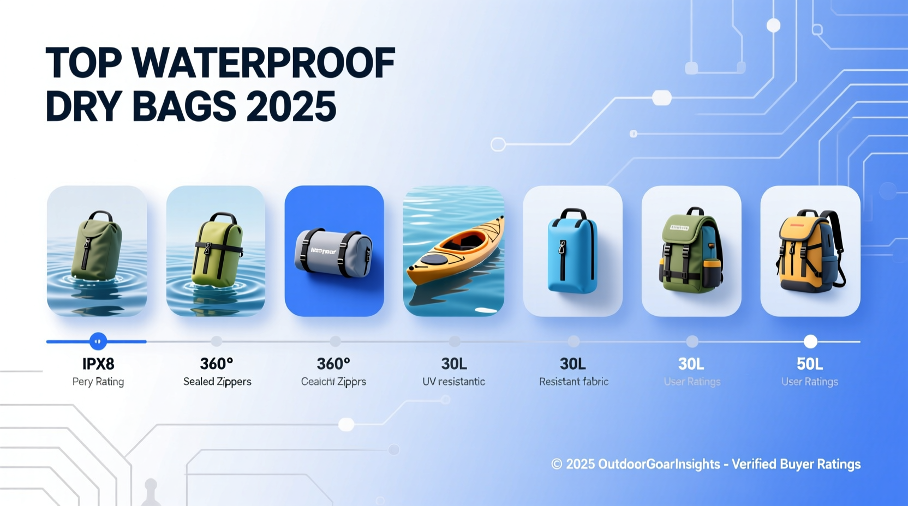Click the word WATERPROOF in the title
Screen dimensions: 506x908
[264, 63]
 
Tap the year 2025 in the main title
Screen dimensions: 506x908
[291, 106]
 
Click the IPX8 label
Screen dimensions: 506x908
[98, 364]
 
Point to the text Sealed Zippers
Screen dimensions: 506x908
[217, 382]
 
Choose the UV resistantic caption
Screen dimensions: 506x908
[453, 382]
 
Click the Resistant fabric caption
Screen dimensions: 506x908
[574, 382]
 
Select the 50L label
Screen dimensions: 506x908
[810, 364]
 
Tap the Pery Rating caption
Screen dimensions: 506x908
[98, 382]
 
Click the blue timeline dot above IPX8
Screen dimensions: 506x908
[98, 342]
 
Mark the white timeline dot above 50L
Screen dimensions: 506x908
[810, 342]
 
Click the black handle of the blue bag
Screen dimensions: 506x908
[573, 212]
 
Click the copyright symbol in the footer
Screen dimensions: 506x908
[557, 464]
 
